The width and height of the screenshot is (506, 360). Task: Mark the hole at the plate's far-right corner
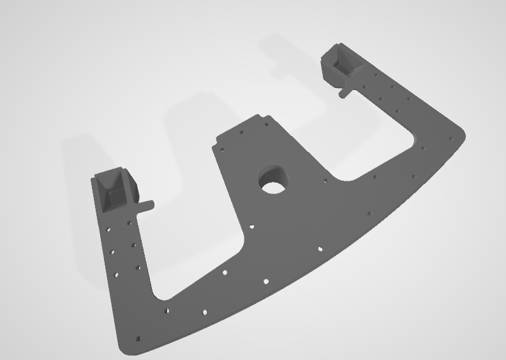[452, 137]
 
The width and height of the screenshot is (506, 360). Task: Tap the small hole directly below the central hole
[252, 227]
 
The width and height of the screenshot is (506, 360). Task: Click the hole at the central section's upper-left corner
[221, 149]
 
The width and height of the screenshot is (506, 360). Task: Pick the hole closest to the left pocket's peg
[130, 223]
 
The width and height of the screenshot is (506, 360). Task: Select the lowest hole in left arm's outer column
[116, 274]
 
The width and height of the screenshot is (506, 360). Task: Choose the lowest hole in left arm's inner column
[137, 268]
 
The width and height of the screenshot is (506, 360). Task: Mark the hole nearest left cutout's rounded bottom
[168, 311]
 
